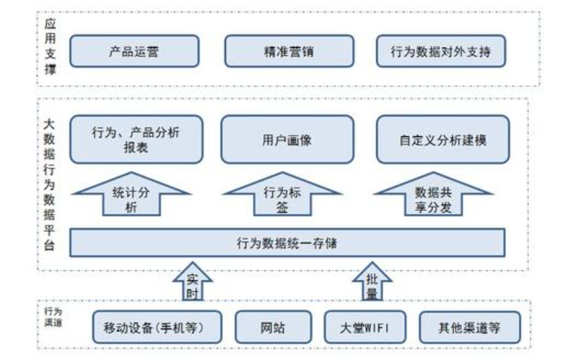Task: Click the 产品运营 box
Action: (134, 51)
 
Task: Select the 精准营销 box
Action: (289, 51)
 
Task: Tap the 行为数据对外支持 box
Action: (441, 51)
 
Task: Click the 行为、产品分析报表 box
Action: (135, 139)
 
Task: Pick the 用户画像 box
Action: (287, 139)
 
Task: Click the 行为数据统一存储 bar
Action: (287, 242)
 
